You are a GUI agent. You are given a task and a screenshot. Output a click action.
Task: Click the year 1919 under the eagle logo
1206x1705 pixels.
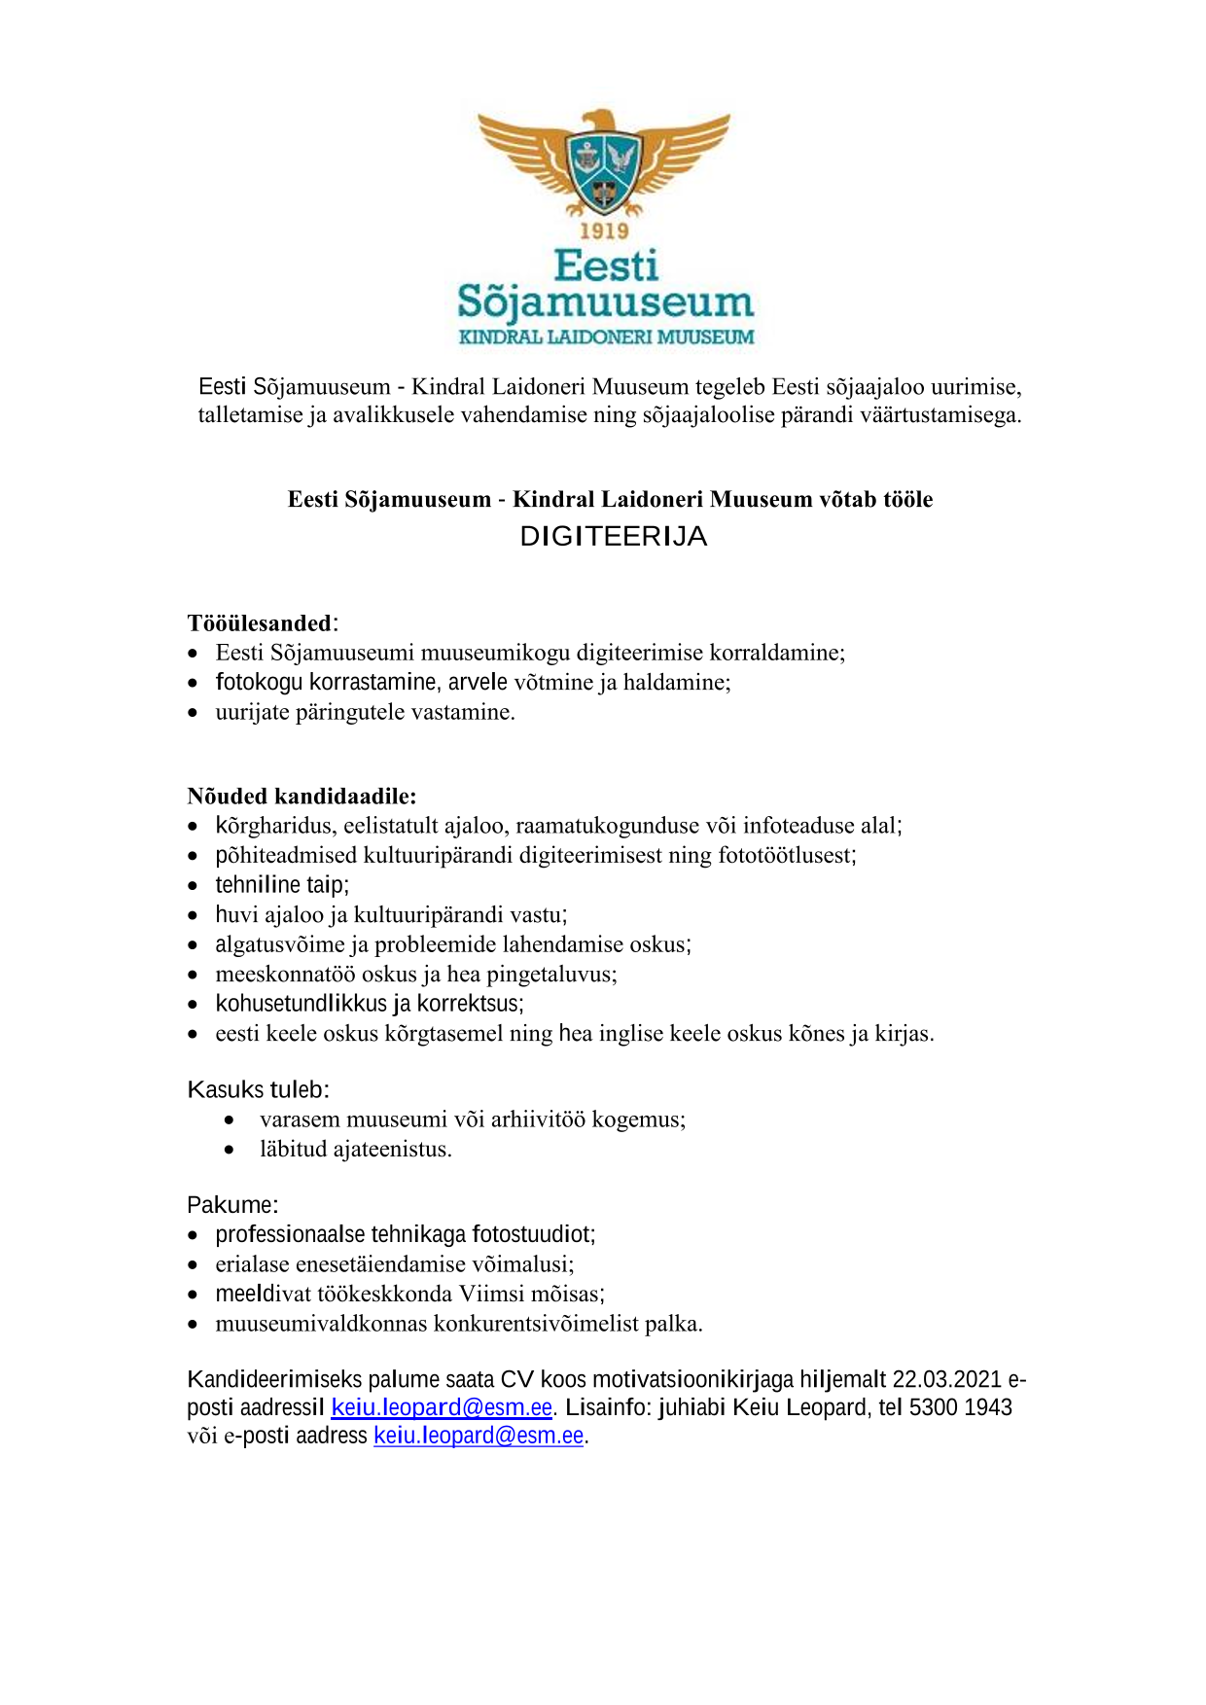click(x=604, y=231)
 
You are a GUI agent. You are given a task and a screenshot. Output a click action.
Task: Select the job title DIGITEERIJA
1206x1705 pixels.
click(x=613, y=536)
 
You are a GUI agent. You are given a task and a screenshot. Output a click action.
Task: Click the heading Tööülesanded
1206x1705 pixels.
click(x=260, y=623)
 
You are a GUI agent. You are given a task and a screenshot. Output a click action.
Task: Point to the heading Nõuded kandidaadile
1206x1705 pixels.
click(x=301, y=797)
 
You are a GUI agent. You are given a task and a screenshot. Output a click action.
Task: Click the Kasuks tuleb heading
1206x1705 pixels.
click(x=258, y=1089)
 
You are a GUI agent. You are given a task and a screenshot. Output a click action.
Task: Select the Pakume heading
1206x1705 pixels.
click(x=232, y=1205)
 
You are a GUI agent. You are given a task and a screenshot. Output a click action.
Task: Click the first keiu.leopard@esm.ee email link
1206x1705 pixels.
click(x=442, y=1407)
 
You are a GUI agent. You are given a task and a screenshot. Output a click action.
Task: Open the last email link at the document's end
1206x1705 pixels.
click(x=479, y=1436)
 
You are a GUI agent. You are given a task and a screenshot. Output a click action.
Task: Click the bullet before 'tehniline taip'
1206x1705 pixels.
click(x=194, y=886)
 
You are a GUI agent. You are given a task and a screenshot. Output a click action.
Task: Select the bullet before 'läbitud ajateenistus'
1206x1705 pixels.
click(x=229, y=1151)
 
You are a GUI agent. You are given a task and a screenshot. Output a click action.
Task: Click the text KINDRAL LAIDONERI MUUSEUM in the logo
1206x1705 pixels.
click(x=606, y=337)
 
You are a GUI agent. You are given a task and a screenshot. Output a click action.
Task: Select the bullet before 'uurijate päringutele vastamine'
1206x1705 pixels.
click(x=194, y=713)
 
